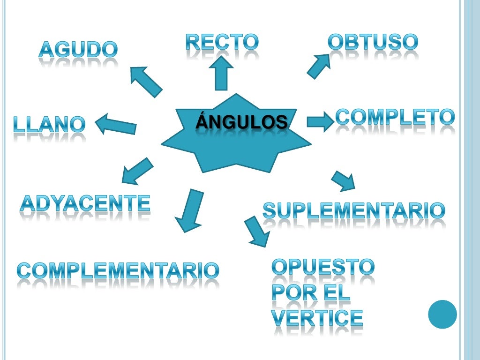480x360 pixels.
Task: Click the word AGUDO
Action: (78, 49)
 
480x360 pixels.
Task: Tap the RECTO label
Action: (222, 42)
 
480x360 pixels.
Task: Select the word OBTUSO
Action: (372, 42)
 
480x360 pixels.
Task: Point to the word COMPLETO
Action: (395, 117)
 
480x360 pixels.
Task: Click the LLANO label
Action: (49, 124)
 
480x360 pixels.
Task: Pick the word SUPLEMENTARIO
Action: (353, 210)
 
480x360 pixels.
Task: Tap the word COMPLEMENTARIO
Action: (118, 270)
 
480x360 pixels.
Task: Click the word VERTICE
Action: (317, 318)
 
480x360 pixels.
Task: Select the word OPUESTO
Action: (323, 267)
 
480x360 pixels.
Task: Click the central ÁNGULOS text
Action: (241, 122)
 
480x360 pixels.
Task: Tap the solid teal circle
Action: (442, 314)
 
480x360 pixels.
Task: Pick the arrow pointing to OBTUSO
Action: (319, 66)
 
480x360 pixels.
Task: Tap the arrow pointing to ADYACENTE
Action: (136, 171)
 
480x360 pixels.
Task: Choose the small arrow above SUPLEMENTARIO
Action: (343, 180)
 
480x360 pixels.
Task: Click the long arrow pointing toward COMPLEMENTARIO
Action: (189, 210)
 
